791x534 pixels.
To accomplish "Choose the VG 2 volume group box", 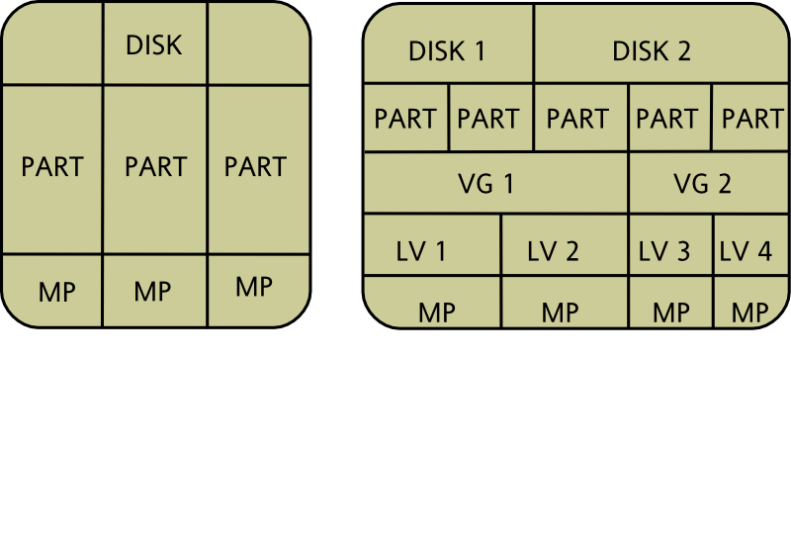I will pyautogui.click(x=703, y=183).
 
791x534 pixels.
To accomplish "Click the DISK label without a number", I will pyautogui.click(x=155, y=45).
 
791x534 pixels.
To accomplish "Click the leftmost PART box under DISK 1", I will pyautogui.click(x=406, y=119).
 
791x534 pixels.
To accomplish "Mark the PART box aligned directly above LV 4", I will pyautogui.click(x=751, y=119).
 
